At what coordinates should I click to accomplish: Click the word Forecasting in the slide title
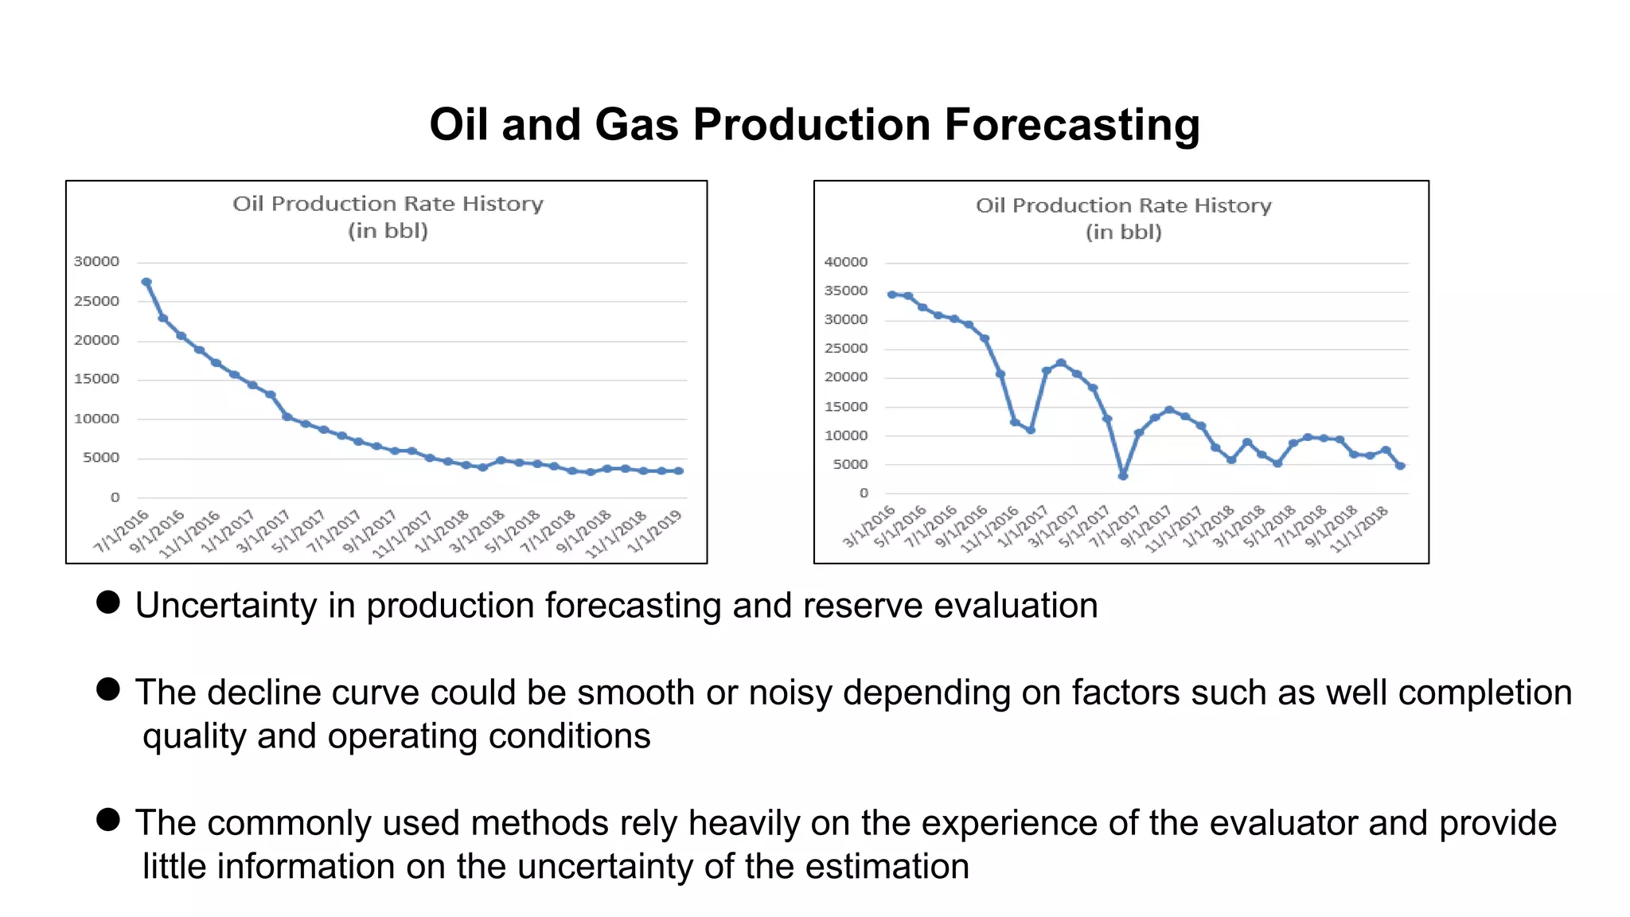tap(1071, 125)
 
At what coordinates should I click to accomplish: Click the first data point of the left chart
tap(146, 282)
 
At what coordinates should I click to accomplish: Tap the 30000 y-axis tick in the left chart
tap(96, 261)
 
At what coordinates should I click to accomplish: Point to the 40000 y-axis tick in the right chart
tap(845, 262)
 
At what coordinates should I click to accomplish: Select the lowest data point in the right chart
tap(1122, 476)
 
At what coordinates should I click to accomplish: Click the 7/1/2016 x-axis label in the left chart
tap(122, 531)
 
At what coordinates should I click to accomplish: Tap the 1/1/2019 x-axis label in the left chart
tap(655, 531)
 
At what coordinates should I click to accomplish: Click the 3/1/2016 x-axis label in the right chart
tap(869, 526)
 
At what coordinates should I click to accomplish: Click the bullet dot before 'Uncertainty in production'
tap(108, 602)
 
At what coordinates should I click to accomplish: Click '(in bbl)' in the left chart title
tap(388, 231)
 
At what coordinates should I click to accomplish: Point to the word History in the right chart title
tap(1232, 205)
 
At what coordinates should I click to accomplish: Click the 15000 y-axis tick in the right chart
tap(845, 407)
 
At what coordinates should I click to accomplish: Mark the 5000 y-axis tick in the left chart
tap(101, 458)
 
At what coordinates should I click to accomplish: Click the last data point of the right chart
tap(1400, 466)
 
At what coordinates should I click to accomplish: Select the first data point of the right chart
tap(891, 295)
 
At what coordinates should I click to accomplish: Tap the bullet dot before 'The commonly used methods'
tap(108, 819)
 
